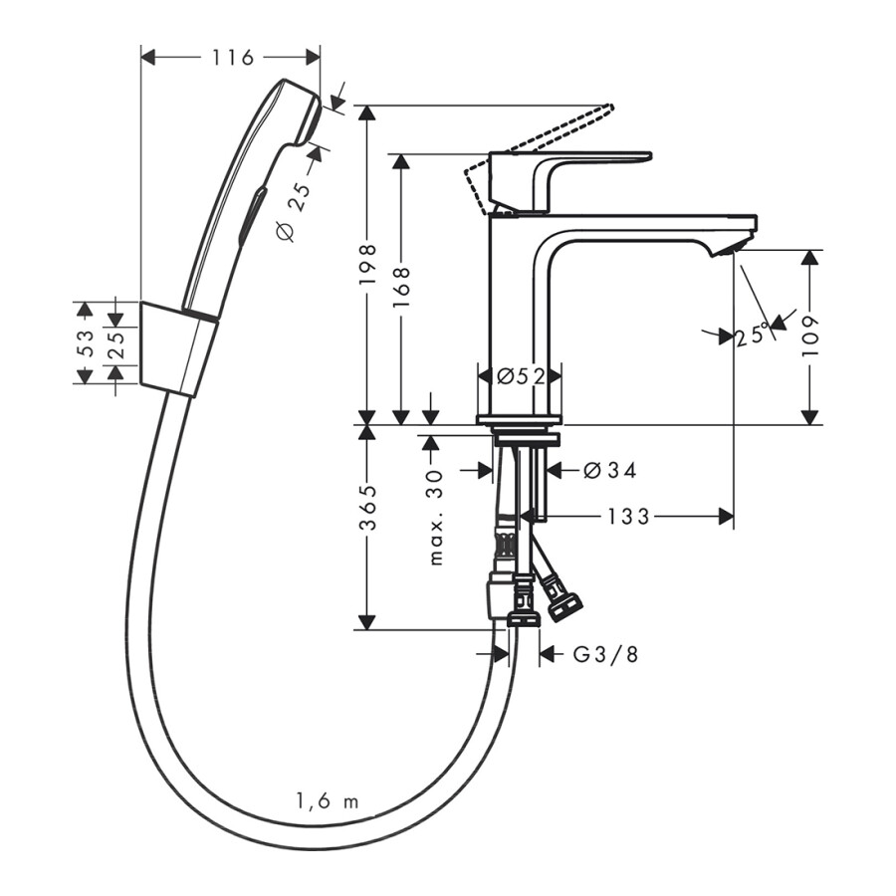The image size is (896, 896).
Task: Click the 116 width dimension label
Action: click(232, 58)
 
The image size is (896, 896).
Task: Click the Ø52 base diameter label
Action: click(521, 375)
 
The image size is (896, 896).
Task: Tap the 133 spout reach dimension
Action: click(628, 516)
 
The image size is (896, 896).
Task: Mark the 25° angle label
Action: click(754, 336)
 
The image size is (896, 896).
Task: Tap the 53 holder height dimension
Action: click(87, 343)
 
